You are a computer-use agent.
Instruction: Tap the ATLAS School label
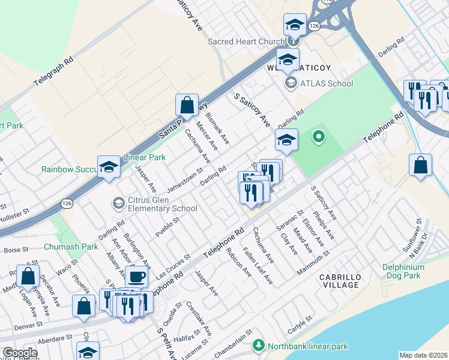[x=327, y=83]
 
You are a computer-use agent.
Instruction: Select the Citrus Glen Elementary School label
[x=155, y=205]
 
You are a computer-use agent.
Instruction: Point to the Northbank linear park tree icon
[x=258, y=346]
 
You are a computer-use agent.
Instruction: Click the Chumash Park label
[x=71, y=247]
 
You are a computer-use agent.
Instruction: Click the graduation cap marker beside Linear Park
[x=109, y=167]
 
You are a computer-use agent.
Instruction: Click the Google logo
[x=20, y=353]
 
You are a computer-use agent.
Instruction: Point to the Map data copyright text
[x=423, y=355]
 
